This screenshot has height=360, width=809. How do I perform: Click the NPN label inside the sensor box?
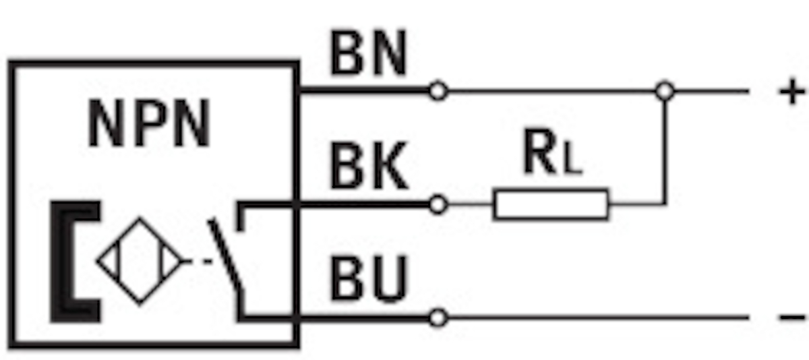[149, 125]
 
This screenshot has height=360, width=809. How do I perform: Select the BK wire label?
[368, 168]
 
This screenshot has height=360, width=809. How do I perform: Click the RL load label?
[551, 157]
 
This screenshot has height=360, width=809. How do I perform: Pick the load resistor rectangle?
[551, 204]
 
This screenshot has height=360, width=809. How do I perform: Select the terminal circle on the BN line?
[438, 90]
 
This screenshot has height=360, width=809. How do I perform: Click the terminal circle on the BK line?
[438, 204]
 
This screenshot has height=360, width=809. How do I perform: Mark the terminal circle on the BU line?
[438, 317]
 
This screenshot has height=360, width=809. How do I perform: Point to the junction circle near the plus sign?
[665, 90]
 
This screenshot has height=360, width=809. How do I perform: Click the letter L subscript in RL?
[571, 164]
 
